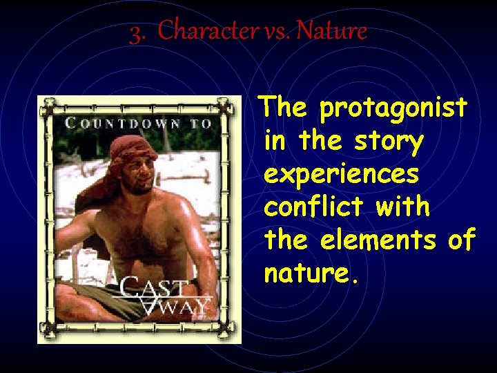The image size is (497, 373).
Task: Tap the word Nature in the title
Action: tap(331, 31)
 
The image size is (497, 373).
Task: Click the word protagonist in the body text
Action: tap(393, 108)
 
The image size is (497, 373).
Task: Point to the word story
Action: tap(390, 142)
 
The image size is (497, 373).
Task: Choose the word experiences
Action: tap(341, 175)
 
